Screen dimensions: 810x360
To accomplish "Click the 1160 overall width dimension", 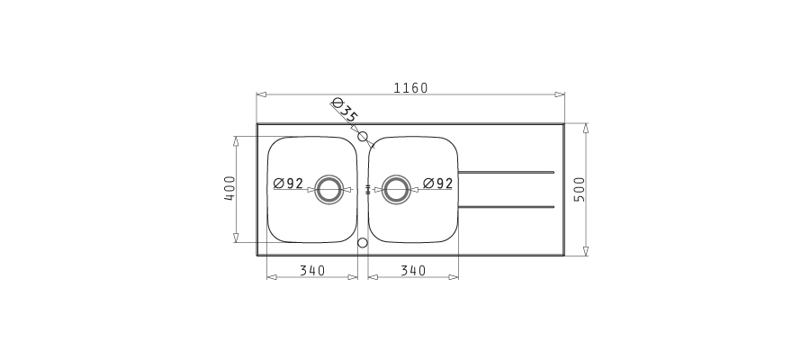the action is pyautogui.click(x=410, y=88).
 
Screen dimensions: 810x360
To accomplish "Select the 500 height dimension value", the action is pyautogui.click(x=580, y=189).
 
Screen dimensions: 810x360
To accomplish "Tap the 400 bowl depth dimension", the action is pyautogui.click(x=229, y=188).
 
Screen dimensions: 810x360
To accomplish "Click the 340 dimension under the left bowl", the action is pyautogui.click(x=312, y=271).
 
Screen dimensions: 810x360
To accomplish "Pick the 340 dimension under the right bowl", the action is pyautogui.click(x=413, y=271).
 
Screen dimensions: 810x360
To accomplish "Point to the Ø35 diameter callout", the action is pyautogui.click(x=345, y=110).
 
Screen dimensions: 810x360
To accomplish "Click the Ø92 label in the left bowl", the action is pyautogui.click(x=288, y=184).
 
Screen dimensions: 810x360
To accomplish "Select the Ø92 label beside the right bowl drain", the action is pyautogui.click(x=437, y=184).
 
